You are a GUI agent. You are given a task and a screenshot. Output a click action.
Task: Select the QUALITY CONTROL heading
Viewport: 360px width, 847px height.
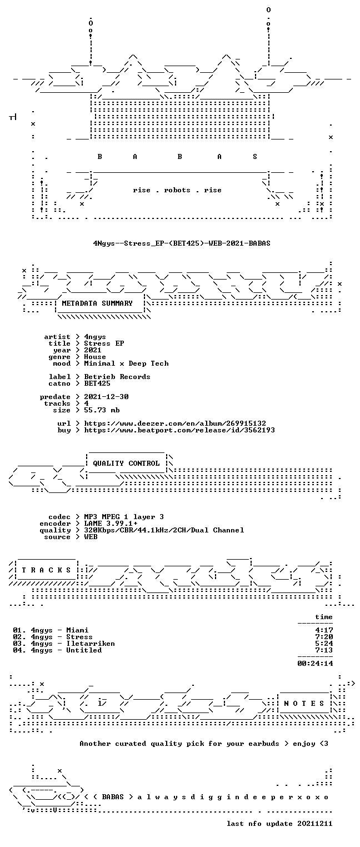click(126, 463)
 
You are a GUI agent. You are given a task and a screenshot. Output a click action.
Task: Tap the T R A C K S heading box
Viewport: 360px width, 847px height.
click(47, 570)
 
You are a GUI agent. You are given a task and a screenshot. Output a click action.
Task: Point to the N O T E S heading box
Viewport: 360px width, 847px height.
click(304, 703)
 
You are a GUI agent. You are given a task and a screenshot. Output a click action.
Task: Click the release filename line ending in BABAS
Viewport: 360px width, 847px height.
click(182, 243)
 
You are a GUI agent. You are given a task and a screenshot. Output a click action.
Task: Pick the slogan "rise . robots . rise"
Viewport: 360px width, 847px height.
click(177, 190)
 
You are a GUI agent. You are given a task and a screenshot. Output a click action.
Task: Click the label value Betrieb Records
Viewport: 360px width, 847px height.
click(117, 377)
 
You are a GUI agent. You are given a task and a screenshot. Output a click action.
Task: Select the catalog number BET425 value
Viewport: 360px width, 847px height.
click(97, 383)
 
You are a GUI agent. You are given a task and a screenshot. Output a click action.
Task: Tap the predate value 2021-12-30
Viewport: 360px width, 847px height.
click(106, 397)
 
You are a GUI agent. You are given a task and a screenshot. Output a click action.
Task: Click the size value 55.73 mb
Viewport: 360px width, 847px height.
click(102, 410)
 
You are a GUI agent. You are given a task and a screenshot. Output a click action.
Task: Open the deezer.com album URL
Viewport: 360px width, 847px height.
click(175, 423)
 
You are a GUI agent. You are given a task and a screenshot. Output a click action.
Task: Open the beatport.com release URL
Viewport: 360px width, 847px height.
click(179, 430)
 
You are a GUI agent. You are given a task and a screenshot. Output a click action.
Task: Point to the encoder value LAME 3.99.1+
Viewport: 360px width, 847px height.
click(111, 524)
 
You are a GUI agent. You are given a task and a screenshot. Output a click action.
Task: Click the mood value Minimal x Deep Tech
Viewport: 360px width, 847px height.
click(126, 363)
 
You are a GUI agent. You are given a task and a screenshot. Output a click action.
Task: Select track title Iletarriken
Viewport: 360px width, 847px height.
click(91, 643)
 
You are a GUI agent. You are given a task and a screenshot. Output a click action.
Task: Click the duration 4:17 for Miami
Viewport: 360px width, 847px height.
click(324, 630)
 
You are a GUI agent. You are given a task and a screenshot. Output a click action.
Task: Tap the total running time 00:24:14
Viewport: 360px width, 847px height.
click(315, 663)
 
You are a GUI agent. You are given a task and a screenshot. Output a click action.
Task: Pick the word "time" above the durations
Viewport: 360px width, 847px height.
click(324, 617)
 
